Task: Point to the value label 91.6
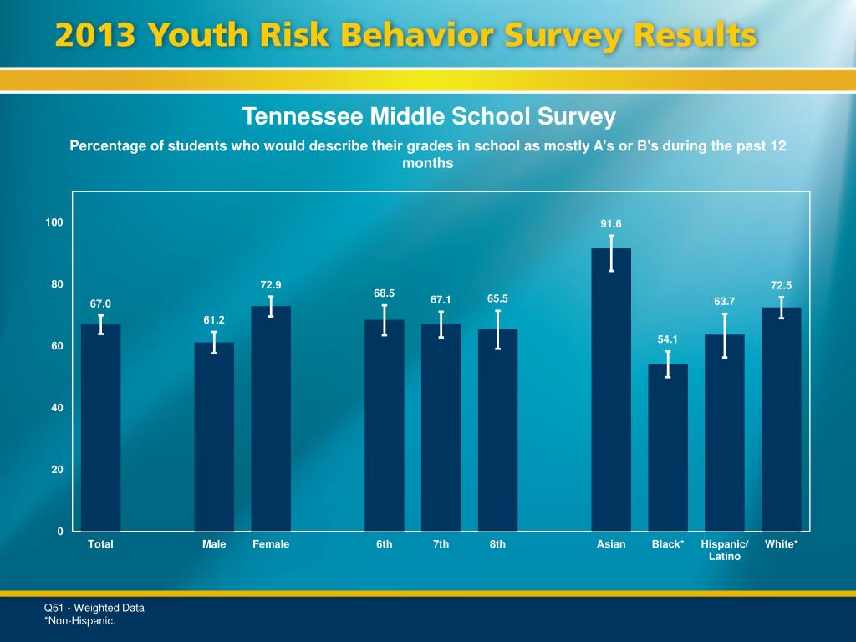tap(611, 224)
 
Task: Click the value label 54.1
tap(668, 339)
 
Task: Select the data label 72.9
tap(271, 285)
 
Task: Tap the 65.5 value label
tap(497, 298)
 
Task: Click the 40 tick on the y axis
tap(57, 408)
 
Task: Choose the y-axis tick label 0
tap(60, 532)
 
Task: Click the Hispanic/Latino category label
tap(725, 550)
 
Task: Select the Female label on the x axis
tap(271, 544)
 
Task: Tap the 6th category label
tap(384, 544)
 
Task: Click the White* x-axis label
tap(782, 544)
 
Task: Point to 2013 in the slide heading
tap(94, 35)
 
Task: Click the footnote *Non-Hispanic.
tap(79, 621)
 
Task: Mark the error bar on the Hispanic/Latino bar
tap(725, 335)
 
